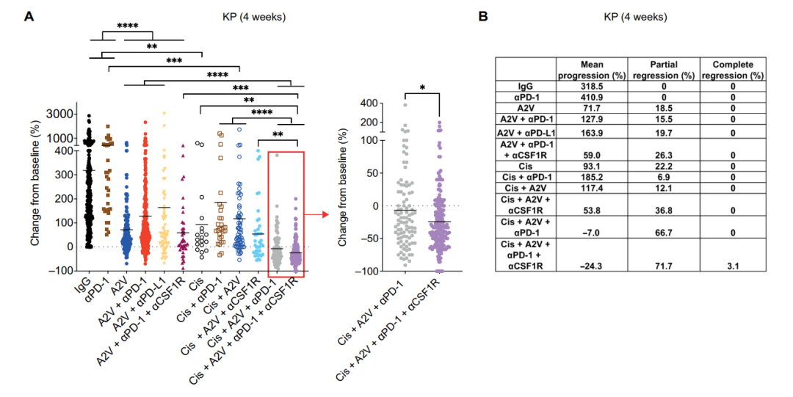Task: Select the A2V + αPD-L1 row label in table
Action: click(x=526, y=132)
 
